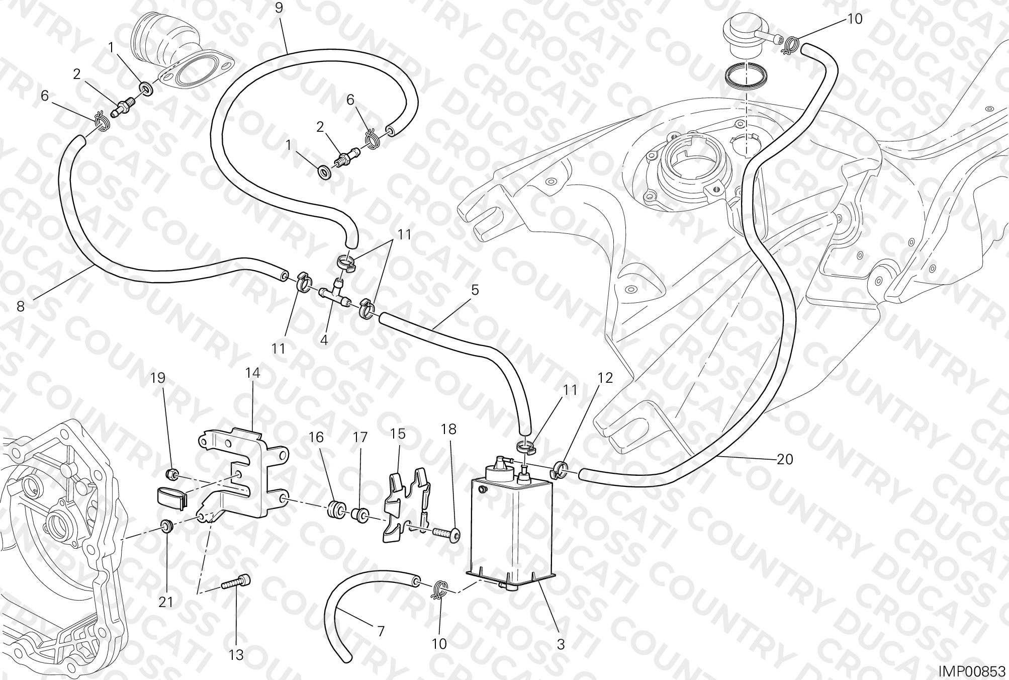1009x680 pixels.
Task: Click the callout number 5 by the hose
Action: click(475, 290)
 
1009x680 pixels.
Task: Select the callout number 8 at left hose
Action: click(20, 306)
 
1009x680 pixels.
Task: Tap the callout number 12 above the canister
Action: click(605, 378)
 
